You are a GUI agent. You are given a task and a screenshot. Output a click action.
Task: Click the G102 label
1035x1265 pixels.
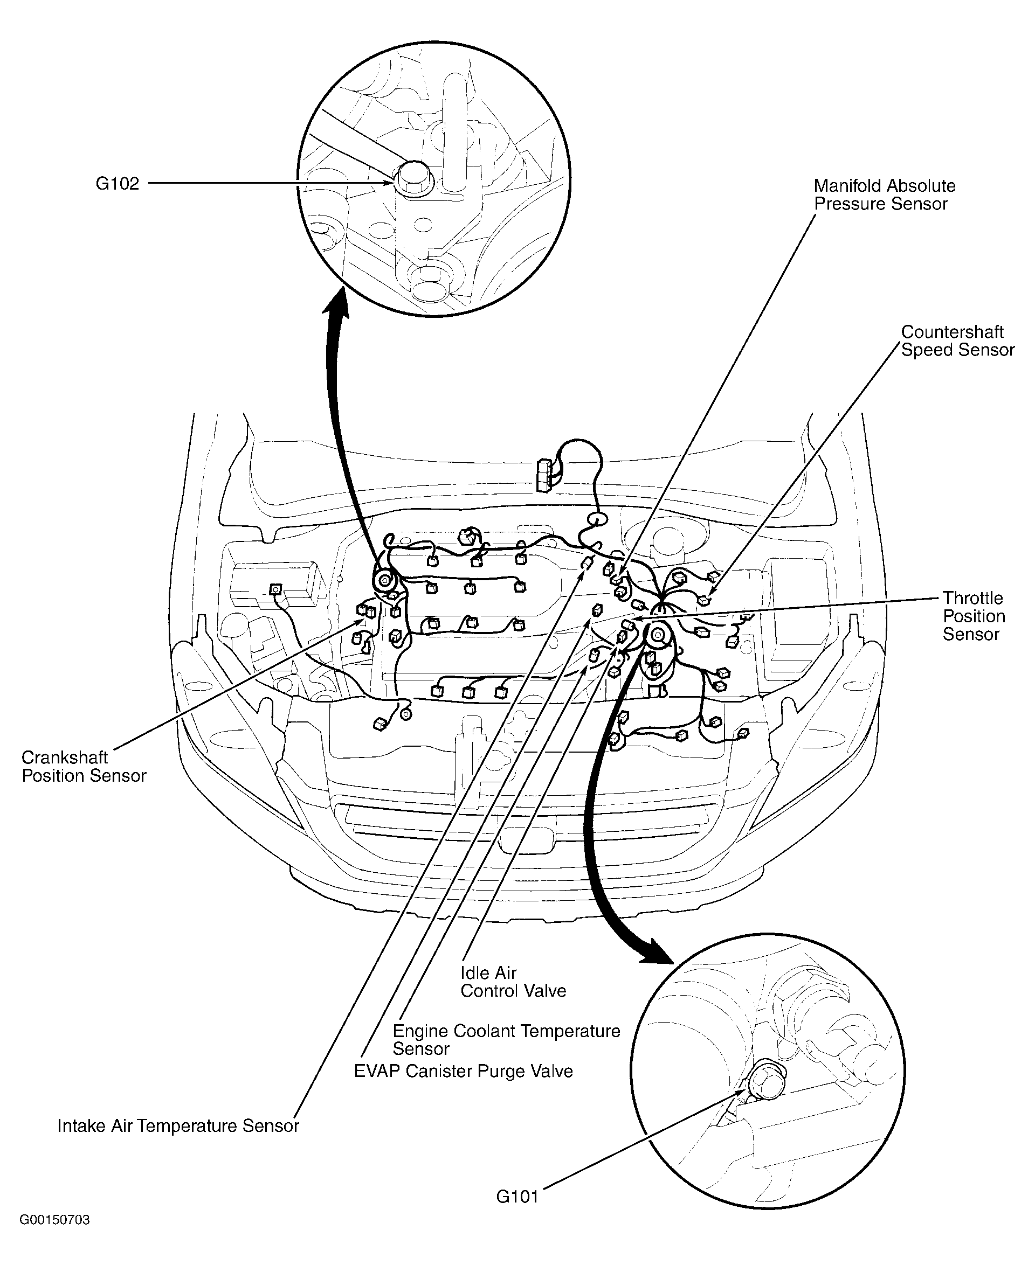coord(118,184)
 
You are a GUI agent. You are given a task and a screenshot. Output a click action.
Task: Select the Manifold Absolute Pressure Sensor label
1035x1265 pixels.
coord(884,195)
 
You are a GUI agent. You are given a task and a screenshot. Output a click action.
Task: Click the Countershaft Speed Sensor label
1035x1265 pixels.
coord(957,341)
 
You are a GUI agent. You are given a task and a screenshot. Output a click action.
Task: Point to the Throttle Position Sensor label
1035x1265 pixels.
coord(973,616)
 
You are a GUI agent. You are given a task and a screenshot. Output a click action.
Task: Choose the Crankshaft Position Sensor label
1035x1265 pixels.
coord(84,766)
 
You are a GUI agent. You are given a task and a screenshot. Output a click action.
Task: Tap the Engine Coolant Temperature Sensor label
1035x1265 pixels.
coord(506,1039)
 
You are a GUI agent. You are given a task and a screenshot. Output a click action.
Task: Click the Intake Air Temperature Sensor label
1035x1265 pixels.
coord(178,1125)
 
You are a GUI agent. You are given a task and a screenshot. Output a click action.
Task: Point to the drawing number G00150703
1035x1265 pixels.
coord(54,1236)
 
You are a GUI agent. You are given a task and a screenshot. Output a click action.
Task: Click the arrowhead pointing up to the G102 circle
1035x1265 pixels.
coord(337,301)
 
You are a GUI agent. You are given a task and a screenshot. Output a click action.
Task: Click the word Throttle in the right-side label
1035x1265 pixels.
coord(972,597)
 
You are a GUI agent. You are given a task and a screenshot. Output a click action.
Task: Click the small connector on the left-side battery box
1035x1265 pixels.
coord(275,589)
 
